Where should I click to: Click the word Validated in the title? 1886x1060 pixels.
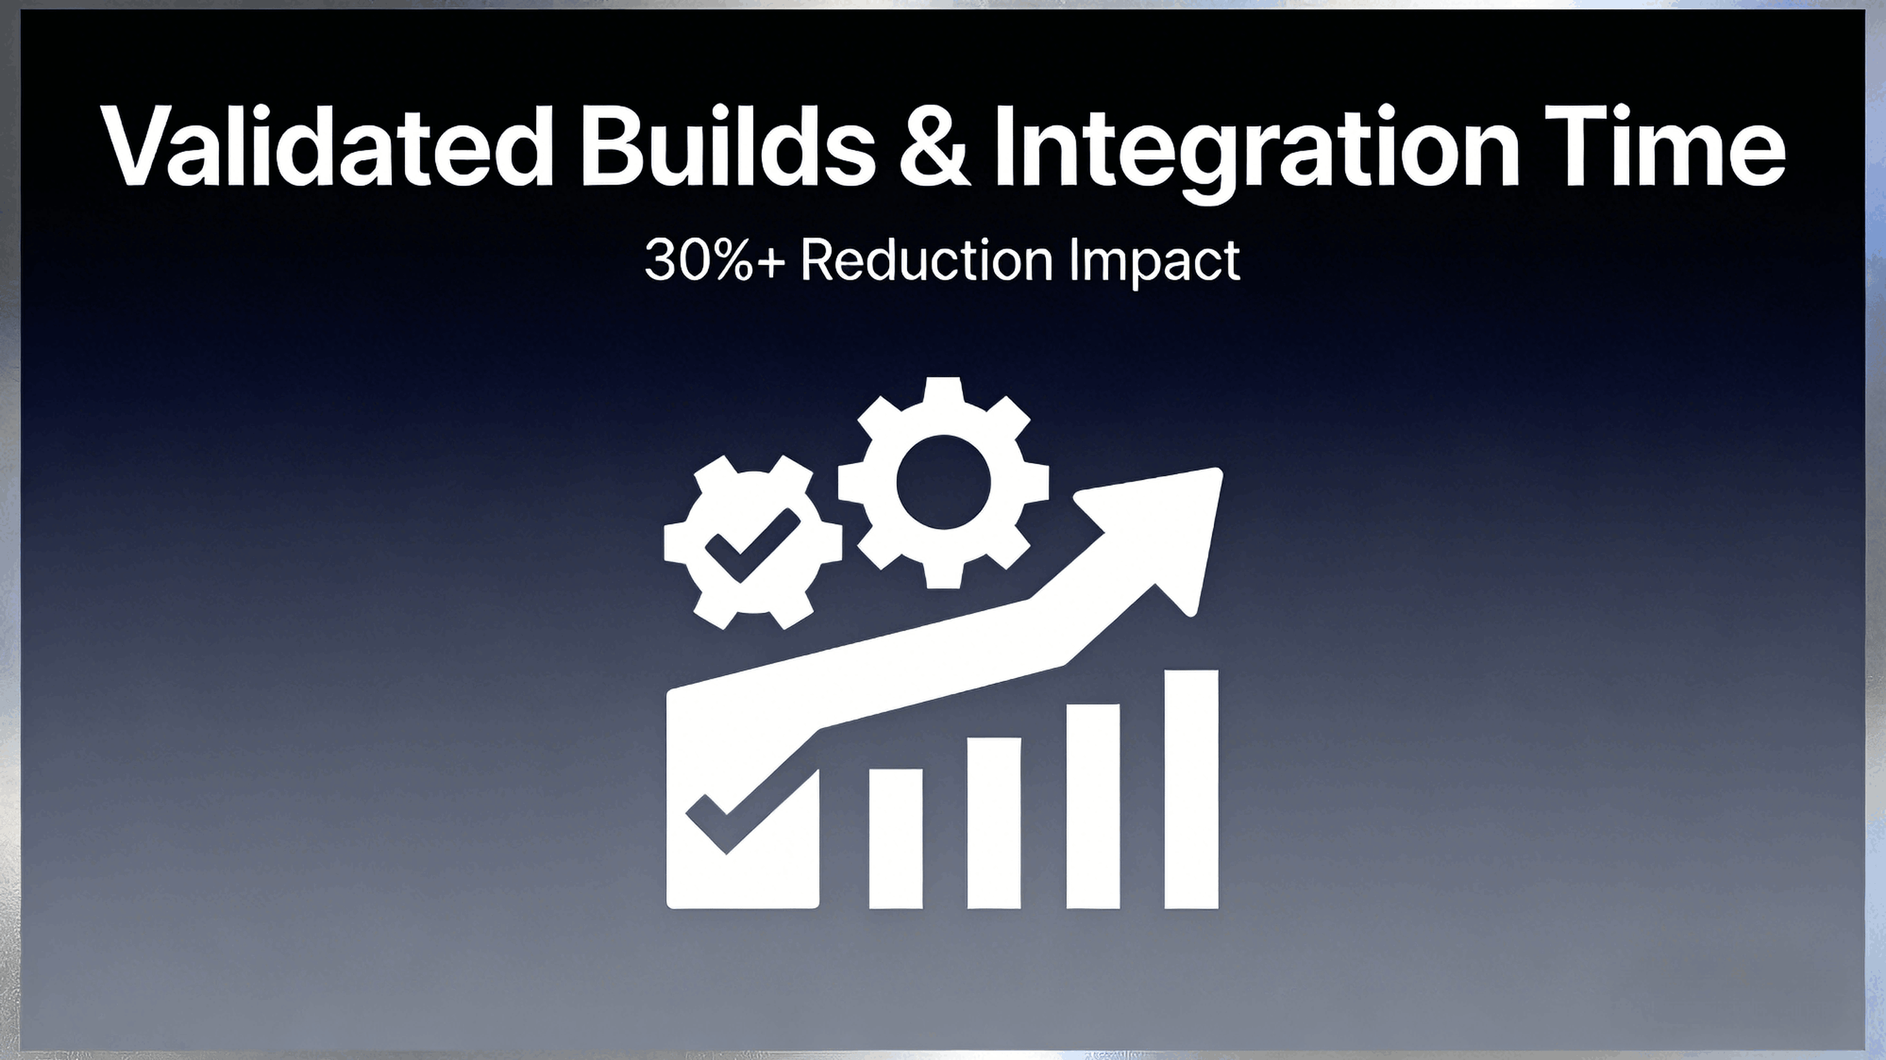pyautogui.click(x=327, y=146)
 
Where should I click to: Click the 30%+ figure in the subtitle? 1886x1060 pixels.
pyautogui.click(x=714, y=260)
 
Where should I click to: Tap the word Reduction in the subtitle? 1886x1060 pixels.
pyautogui.click(x=927, y=260)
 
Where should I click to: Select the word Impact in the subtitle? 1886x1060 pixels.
pyautogui.click(x=1154, y=262)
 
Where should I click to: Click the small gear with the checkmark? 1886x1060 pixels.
pyautogui.click(x=752, y=541)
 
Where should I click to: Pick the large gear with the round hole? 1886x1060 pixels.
pyautogui.click(x=943, y=483)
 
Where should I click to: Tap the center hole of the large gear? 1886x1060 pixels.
pyautogui.click(x=943, y=483)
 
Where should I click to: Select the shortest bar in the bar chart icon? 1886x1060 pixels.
pyautogui.click(x=895, y=838)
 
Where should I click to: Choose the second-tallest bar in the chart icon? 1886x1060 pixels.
pyautogui.click(x=1093, y=805)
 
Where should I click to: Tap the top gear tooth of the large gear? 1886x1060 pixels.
pyautogui.click(x=943, y=392)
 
